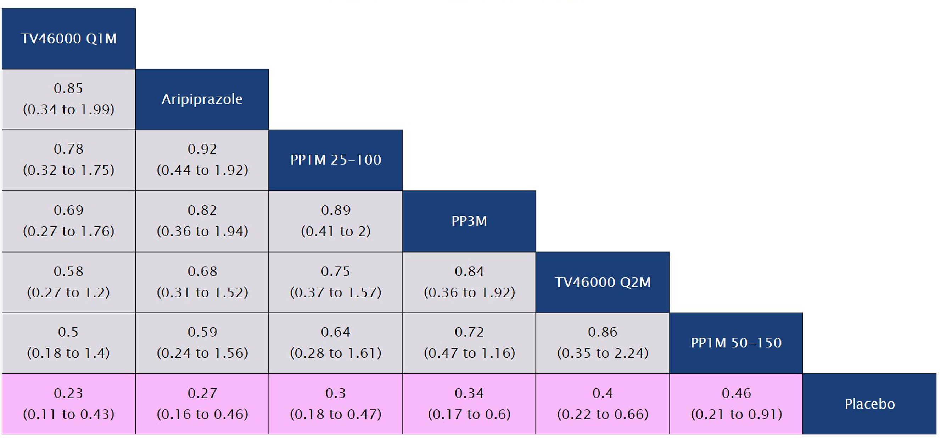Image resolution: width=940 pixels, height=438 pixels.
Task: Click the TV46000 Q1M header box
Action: coord(69,38)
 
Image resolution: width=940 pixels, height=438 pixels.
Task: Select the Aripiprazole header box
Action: coord(202,99)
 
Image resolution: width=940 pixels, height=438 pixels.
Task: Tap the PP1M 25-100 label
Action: coord(335,160)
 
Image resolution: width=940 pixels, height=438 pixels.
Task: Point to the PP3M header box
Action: coord(469,221)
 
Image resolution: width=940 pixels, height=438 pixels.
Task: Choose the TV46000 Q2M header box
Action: coord(603,282)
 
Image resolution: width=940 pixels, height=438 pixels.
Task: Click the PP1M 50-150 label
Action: coord(736,343)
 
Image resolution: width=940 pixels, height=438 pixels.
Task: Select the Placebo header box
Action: coord(869,404)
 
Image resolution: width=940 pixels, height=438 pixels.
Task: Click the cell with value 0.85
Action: coord(69,99)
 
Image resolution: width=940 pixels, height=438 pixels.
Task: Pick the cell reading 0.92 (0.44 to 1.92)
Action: coord(202,160)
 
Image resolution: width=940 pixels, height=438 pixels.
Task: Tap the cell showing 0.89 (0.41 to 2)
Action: coord(335,221)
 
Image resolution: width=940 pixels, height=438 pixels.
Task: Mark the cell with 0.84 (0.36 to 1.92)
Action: coord(469,282)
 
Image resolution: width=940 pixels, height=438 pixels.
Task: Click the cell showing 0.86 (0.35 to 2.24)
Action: coord(603,343)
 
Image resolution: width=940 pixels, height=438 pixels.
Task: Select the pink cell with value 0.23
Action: coord(69,404)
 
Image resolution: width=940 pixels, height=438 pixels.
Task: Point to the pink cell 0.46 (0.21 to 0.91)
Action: coord(736,404)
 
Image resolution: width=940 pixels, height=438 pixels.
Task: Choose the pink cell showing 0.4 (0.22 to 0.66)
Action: coord(603,404)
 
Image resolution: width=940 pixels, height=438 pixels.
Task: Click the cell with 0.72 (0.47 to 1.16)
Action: coord(469,343)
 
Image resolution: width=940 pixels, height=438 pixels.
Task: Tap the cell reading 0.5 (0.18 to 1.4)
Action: coord(69,343)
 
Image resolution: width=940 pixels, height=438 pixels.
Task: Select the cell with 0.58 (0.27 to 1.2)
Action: coord(69,282)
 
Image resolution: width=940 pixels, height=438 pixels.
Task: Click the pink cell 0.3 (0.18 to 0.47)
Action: coord(335,404)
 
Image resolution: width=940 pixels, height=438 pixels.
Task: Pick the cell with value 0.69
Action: coord(69,221)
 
